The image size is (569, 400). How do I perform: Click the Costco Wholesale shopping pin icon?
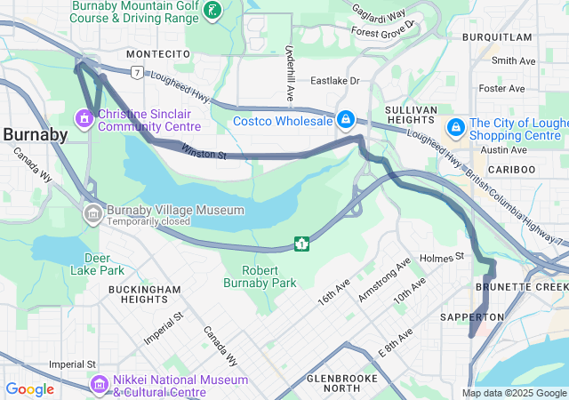(346, 119)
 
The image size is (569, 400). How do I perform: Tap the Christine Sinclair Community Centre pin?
(85, 117)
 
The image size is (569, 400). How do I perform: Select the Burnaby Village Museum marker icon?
(93, 213)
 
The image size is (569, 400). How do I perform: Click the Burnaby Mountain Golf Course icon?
(212, 10)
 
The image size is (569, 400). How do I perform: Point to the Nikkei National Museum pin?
(99, 384)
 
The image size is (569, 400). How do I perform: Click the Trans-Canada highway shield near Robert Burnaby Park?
(302, 243)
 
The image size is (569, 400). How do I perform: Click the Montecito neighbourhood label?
(158, 54)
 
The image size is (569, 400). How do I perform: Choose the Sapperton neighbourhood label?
(472, 316)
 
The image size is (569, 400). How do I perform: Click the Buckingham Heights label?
(145, 295)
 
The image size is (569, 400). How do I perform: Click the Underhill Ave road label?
(290, 72)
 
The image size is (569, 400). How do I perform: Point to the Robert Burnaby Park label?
(271, 276)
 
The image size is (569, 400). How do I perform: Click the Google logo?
(29, 388)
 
